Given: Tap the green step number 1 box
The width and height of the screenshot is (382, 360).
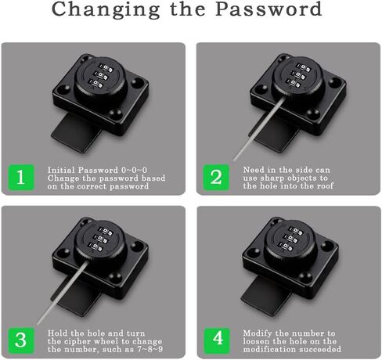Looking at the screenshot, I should tap(20, 178).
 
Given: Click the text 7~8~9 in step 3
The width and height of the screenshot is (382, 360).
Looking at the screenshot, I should tap(129, 348).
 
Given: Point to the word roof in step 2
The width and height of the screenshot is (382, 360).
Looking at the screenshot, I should tap(319, 186).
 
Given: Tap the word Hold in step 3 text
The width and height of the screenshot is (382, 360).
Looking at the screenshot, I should tap(55, 333).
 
